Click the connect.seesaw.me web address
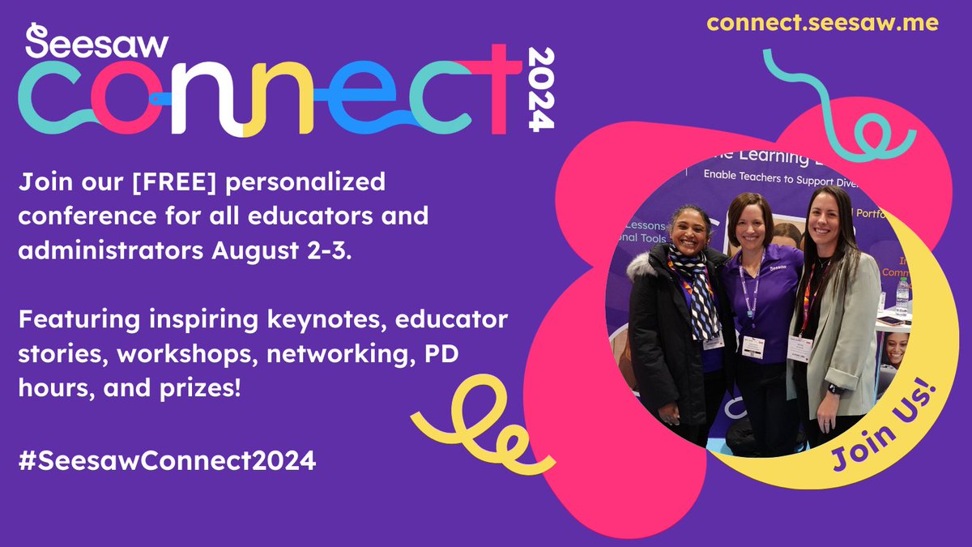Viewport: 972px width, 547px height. click(x=822, y=24)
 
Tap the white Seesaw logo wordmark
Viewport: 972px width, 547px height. click(x=96, y=43)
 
